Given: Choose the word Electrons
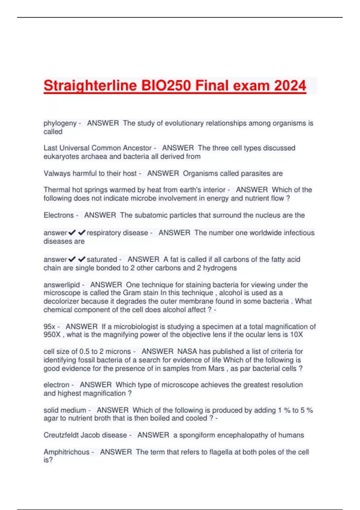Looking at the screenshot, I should point(58,215).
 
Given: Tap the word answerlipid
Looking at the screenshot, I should point(61,285).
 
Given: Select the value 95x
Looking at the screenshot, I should point(49,326).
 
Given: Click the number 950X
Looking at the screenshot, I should point(52,334).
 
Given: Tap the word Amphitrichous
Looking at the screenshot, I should point(66,452).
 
